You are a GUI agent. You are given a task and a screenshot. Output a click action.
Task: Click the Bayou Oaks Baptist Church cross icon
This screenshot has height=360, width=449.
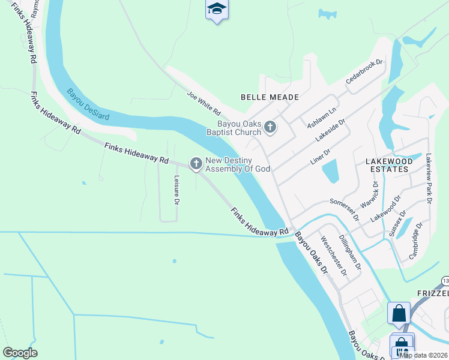(x=271, y=127)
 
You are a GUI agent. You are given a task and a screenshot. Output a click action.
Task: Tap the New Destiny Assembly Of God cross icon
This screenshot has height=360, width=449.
(x=196, y=163)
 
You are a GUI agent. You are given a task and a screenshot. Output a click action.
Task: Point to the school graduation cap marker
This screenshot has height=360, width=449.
(x=217, y=9)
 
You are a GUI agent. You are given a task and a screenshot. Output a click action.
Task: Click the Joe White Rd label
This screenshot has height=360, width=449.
(x=204, y=104)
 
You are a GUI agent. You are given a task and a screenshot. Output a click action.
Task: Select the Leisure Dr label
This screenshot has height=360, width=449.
(x=177, y=190)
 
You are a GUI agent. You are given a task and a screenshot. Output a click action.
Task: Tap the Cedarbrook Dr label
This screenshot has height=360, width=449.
(x=364, y=72)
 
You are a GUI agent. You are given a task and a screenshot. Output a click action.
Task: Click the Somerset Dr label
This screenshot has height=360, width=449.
(x=343, y=209)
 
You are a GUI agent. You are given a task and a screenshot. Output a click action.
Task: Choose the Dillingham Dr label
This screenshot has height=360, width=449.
(x=349, y=251)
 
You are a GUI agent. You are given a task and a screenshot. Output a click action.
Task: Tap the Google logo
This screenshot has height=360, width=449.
(x=20, y=353)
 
